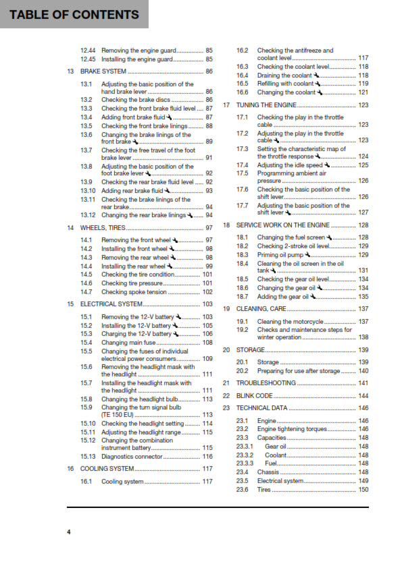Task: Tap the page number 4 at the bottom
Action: pos(68,532)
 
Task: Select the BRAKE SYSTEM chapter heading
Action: pos(103,71)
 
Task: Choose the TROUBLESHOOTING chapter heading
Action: pos(266,382)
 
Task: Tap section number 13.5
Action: pos(86,126)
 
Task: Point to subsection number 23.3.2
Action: pos(245,455)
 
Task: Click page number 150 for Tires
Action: pos(363,490)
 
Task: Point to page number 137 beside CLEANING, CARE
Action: pos(363,308)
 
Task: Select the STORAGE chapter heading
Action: pos(250,350)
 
